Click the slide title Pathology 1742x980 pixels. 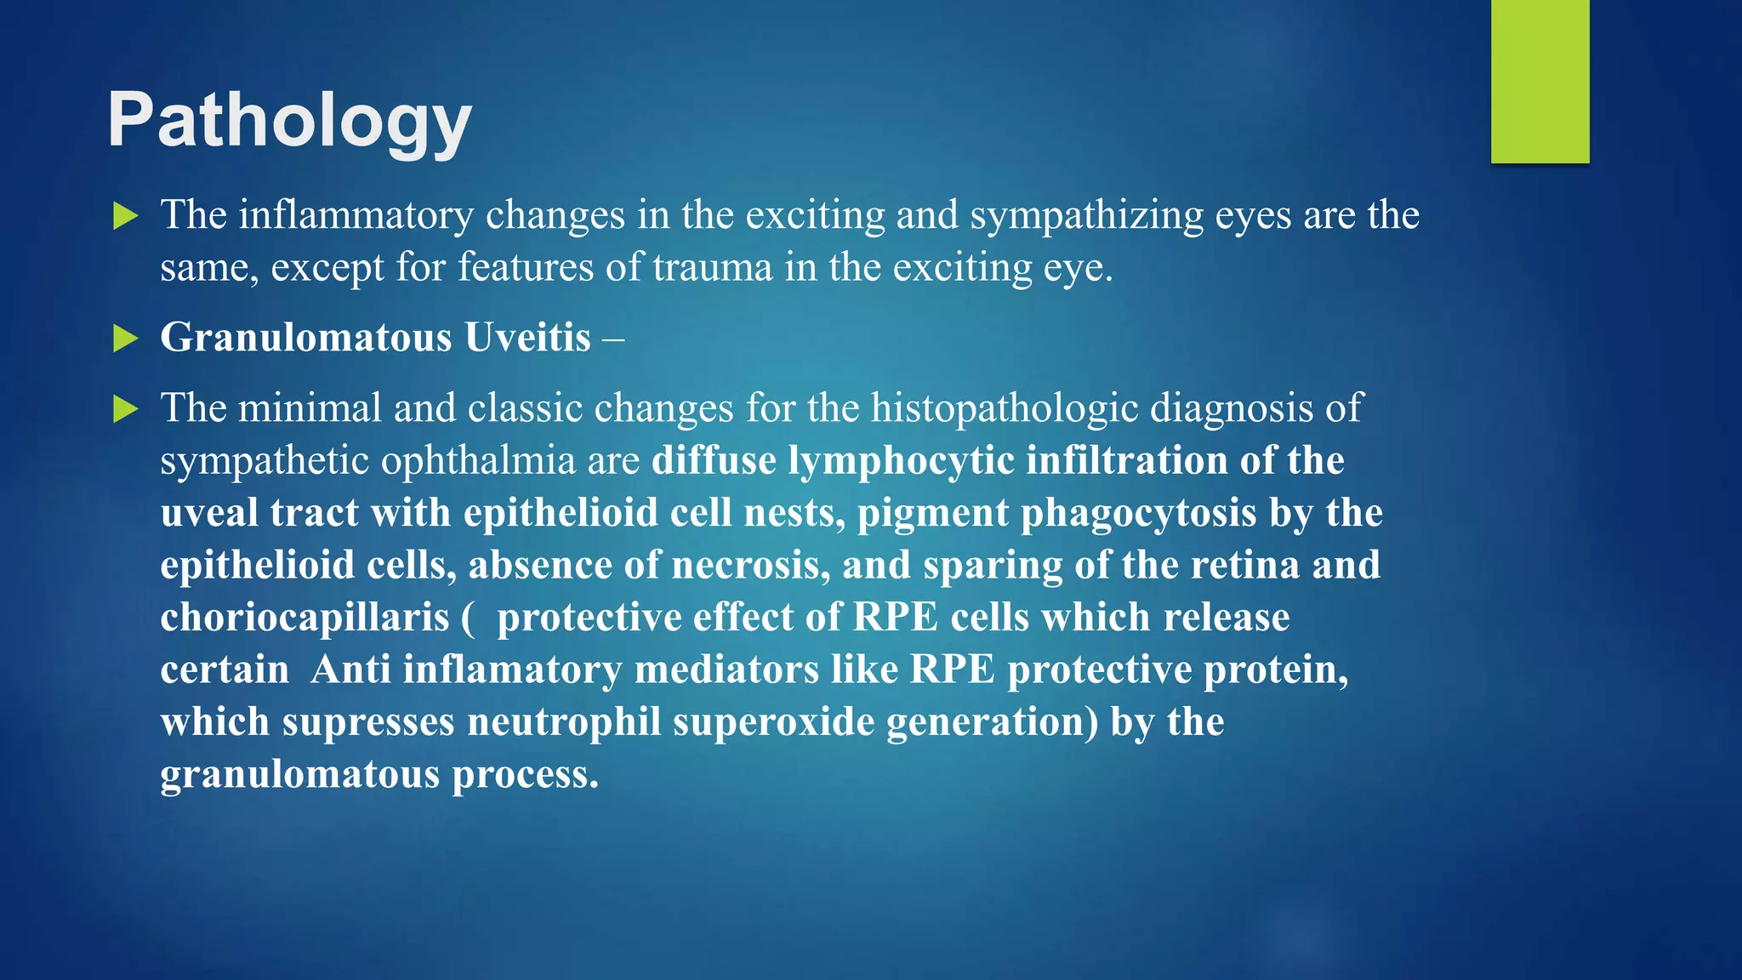(x=289, y=121)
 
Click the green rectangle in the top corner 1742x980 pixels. (x=1540, y=81)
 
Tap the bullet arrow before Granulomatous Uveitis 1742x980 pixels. (x=125, y=339)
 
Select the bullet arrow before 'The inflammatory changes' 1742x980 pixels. (x=125, y=216)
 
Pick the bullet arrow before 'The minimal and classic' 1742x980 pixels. (x=125, y=410)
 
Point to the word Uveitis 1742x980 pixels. (x=527, y=338)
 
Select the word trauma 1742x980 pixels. (x=713, y=268)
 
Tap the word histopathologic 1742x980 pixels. (x=1004, y=409)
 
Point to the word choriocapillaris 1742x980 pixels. (x=305, y=618)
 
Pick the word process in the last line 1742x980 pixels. (x=525, y=774)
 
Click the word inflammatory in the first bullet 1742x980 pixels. (x=356, y=216)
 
